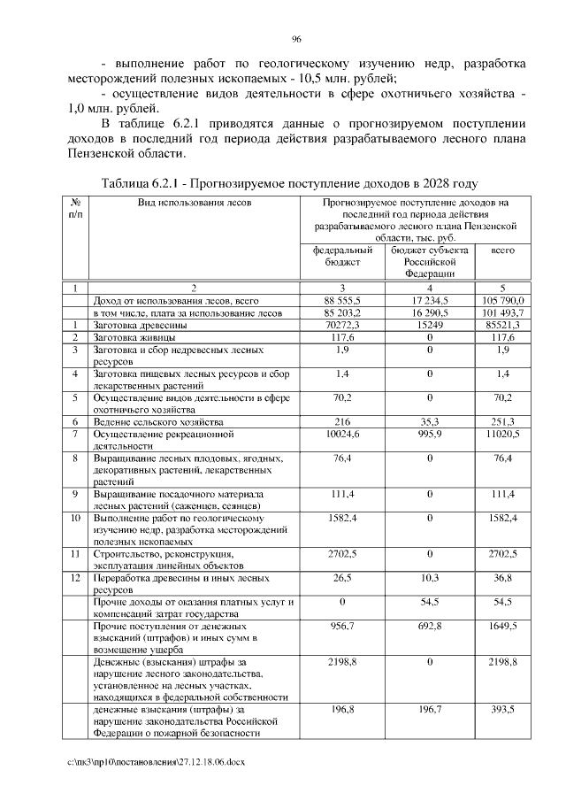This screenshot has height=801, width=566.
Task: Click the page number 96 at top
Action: [x=297, y=39]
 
